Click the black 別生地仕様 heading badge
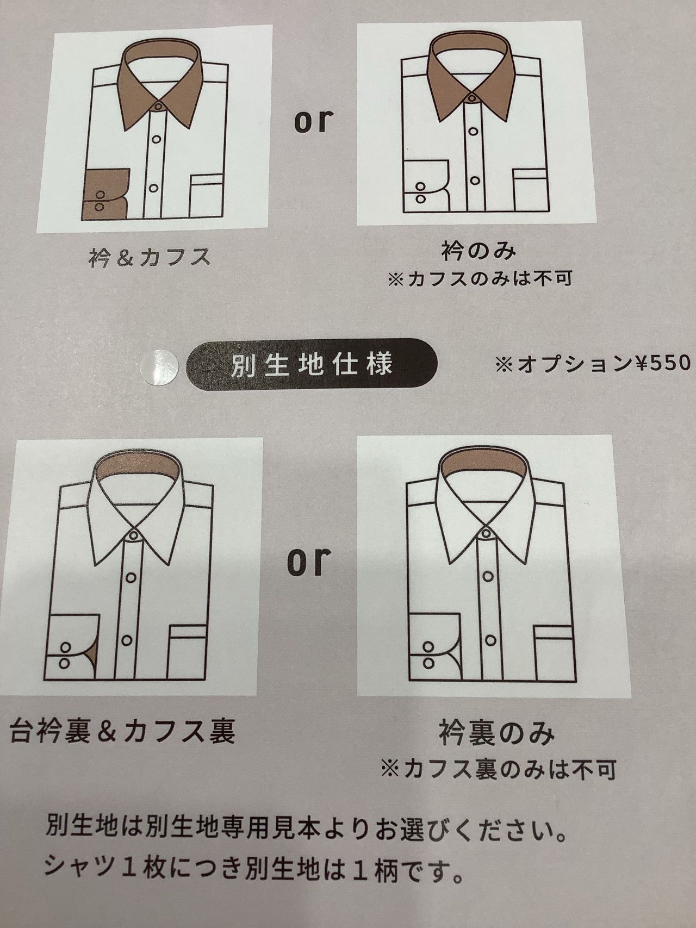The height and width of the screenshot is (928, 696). pyautogui.click(x=309, y=365)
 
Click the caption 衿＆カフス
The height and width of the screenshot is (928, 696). pyautogui.click(x=148, y=257)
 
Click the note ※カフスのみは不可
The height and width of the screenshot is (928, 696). pyautogui.click(x=480, y=278)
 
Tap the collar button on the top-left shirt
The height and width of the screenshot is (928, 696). pyautogui.click(x=158, y=105)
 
